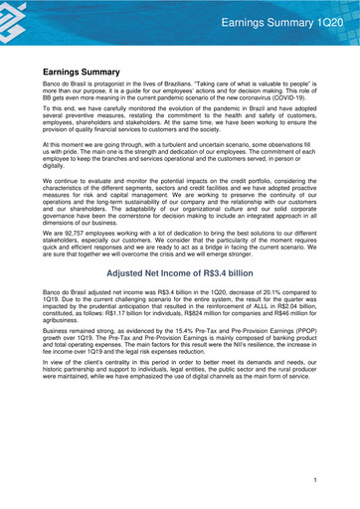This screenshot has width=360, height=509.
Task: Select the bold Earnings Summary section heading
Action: pos(88,73)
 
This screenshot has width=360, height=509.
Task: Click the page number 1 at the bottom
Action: pos(314,480)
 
